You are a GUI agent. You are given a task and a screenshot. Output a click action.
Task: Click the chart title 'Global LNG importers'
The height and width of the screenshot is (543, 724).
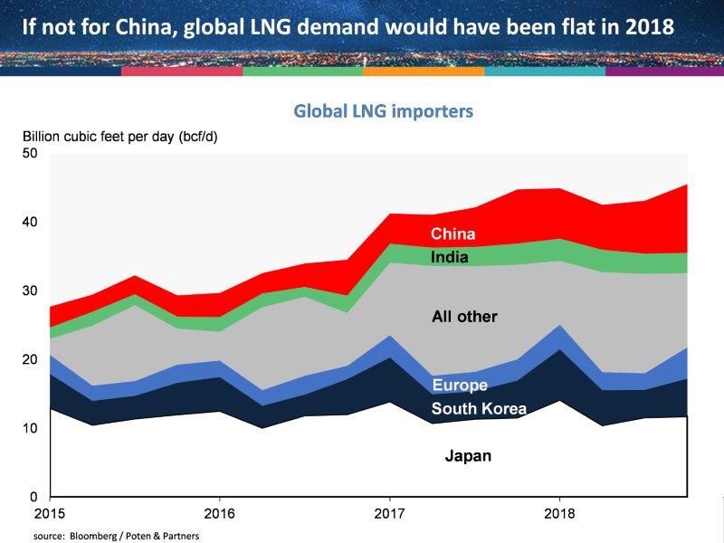point(385,111)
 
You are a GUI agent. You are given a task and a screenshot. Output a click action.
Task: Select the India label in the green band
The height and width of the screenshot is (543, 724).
point(450,257)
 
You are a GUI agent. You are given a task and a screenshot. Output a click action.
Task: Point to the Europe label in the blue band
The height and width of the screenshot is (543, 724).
point(460,386)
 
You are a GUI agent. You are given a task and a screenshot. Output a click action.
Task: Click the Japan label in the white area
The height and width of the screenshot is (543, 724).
point(468,455)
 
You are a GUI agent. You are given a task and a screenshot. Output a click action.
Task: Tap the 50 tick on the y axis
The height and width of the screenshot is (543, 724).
point(30,153)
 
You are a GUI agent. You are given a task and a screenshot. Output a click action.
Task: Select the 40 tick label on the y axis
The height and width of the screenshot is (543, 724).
point(30,222)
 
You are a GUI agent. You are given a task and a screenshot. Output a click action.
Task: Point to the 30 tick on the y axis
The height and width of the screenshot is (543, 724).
point(30,291)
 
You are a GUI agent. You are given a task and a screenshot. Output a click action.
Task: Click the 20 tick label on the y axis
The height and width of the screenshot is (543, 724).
point(30,359)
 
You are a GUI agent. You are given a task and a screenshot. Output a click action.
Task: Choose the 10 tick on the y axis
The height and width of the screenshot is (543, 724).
point(30,428)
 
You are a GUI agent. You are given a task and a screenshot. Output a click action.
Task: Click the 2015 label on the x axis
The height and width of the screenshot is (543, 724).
point(50,512)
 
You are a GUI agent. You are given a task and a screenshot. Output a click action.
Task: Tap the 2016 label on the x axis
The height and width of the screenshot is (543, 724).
point(219,512)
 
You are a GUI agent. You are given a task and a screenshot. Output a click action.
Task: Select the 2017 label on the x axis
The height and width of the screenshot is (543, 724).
point(389,512)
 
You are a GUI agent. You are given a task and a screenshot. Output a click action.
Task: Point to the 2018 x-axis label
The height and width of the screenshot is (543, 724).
point(559,512)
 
